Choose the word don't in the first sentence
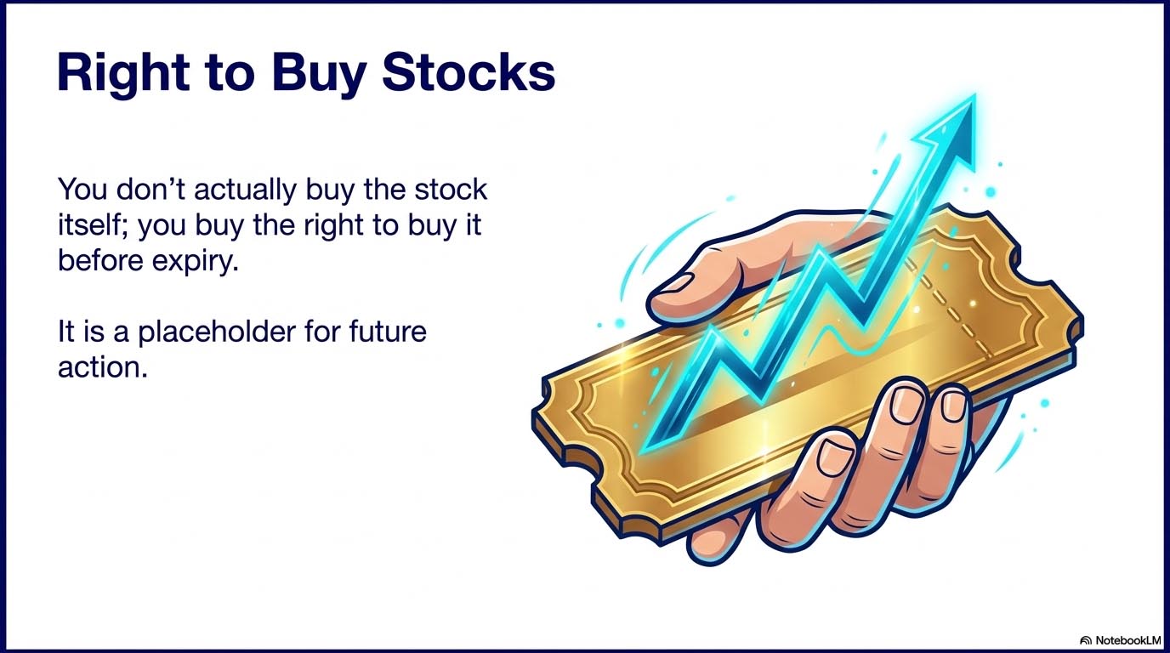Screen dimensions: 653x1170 (x=150, y=189)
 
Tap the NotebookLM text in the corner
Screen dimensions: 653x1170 (x=1127, y=639)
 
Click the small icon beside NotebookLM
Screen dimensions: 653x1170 (x=1085, y=639)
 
